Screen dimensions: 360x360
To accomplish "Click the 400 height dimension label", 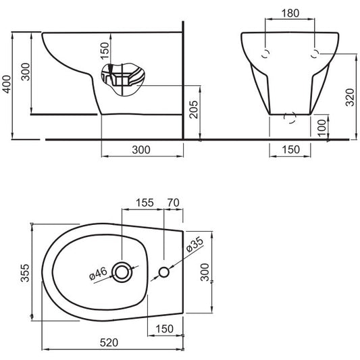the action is coord(7,84).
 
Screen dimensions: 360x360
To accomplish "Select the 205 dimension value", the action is coord(194,109).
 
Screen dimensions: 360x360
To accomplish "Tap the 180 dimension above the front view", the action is coord(290,14).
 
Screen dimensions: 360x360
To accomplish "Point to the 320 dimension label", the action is coord(350,97).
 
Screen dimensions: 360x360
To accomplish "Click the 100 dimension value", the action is coord(322,128).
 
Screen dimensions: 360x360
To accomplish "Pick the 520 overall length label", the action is coord(109,342).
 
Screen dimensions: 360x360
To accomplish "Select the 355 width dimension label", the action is coord(25,273).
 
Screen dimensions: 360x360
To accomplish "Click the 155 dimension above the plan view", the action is coord(145,203).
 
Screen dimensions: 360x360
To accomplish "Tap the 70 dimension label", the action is coord(174,203).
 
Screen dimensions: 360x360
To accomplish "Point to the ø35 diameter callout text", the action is coord(195,245).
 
